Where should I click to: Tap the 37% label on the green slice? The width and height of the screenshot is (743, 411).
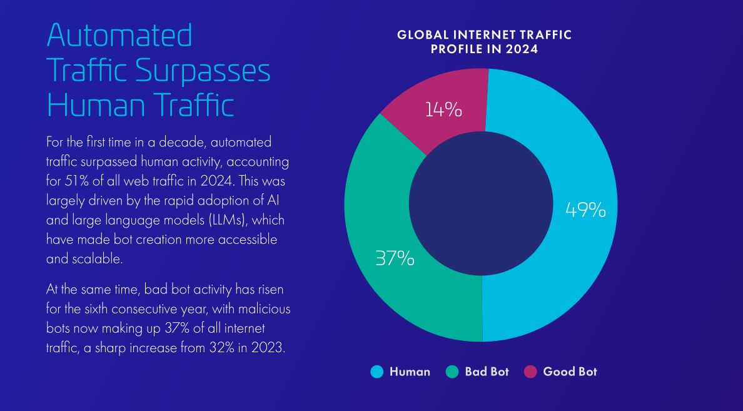coord(395,258)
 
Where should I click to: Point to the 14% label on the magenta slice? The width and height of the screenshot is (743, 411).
coord(443,110)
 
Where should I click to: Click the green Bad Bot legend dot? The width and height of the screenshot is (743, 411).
coord(452,372)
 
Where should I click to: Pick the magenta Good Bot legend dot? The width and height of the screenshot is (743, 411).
coord(530,372)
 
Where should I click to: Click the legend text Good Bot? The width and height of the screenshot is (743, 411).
coord(570,372)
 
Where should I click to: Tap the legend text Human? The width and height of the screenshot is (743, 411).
coord(410,372)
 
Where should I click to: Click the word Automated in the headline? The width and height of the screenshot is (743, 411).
coord(119,36)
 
